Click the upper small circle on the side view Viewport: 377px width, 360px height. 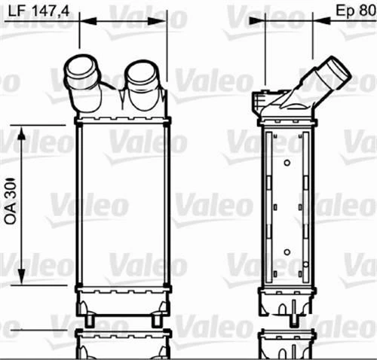[287, 162]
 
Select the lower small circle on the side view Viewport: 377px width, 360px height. [287, 252]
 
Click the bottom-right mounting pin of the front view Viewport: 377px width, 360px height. [156, 320]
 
